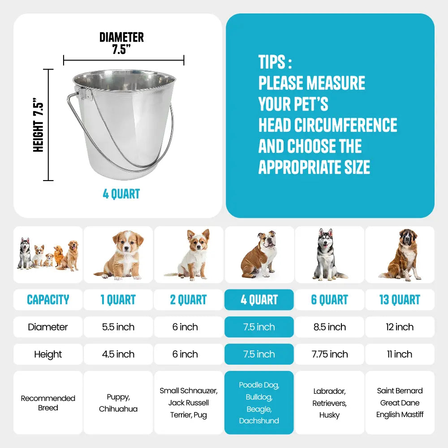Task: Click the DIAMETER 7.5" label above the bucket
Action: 121,43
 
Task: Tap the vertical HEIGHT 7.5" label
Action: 38,125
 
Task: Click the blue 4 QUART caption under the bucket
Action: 121,194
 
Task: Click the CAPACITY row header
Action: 48,300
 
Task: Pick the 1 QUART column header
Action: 118,300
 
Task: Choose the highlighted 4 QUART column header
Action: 259,300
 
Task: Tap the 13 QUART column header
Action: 400,300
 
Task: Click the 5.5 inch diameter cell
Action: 118,327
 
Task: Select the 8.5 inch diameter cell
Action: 330,327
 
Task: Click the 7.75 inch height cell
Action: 330,354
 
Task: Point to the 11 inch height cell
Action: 400,354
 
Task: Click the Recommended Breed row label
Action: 48,403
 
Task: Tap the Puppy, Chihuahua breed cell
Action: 118,403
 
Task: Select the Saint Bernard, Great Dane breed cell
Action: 400,403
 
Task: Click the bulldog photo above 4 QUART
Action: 259,254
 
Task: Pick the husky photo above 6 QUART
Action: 328,254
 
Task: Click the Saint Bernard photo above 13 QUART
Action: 400,254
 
